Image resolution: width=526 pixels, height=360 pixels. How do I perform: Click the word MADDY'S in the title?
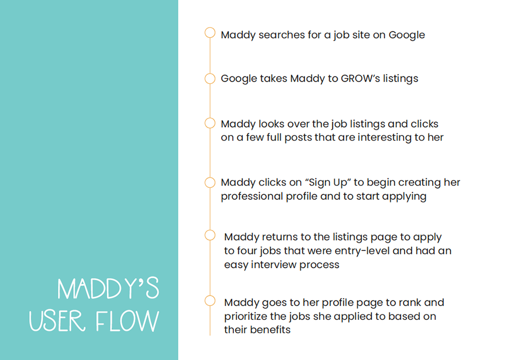(108, 288)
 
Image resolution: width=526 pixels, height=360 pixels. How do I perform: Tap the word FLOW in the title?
(127, 321)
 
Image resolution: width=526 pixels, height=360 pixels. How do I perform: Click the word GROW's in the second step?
(360, 78)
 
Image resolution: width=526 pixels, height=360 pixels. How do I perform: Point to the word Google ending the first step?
(407, 35)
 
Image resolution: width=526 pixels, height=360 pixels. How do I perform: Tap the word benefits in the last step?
(271, 330)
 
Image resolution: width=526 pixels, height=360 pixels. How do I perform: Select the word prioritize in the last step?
(246, 317)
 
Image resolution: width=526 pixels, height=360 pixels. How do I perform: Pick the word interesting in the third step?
(385, 137)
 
